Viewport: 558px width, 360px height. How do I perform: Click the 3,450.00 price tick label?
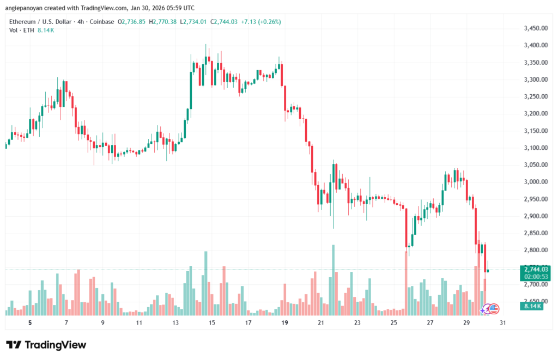tap(535, 28)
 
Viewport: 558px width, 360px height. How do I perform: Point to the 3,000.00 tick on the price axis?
tap(535, 182)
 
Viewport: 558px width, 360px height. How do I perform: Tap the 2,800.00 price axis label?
tap(535, 250)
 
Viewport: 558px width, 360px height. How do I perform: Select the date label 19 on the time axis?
tap(284, 323)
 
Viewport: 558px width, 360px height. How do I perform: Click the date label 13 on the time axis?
tap(175, 323)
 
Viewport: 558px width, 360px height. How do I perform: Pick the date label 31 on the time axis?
tap(502, 323)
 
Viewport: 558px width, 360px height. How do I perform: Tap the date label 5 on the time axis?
tap(30, 323)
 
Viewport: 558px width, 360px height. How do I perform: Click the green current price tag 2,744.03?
tap(535, 269)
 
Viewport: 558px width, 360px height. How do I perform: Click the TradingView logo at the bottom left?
tap(46, 345)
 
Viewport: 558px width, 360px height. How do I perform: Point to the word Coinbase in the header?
tap(102, 21)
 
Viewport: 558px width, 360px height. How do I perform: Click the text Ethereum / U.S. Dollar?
tap(43, 21)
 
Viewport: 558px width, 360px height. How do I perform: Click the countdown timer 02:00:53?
tap(535, 277)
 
